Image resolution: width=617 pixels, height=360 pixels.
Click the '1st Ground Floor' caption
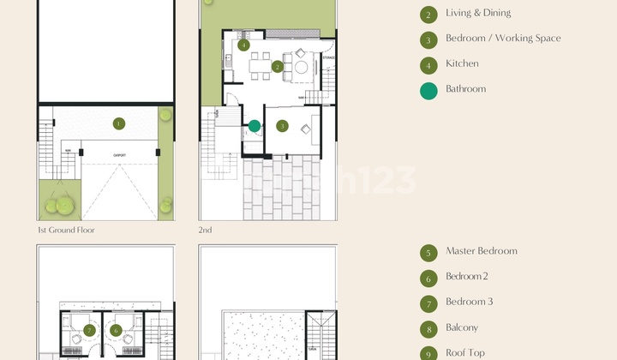click(x=66, y=230)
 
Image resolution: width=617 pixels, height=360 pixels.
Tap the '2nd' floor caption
click(x=206, y=230)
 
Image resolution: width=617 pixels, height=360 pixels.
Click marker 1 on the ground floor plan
click(x=118, y=123)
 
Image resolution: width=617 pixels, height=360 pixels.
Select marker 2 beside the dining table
click(x=278, y=66)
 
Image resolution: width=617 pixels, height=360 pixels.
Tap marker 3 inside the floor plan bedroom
click(x=283, y=126)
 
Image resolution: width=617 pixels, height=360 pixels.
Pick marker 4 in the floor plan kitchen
click(x=244, y=45)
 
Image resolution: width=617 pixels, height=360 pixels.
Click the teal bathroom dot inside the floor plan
click(x=255, y=126)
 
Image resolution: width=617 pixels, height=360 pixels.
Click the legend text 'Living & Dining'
click(x=478, y=13)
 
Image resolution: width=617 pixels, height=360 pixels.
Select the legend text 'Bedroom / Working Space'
click(x=503, y=39)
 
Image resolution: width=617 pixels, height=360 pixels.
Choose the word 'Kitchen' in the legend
click(x=462, y=63)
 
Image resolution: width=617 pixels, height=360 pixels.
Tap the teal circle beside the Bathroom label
click(x=428, y=90)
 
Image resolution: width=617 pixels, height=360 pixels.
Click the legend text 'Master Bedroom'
click(x=481, y=251)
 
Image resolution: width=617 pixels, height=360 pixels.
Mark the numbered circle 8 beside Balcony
click(x=428, y=328)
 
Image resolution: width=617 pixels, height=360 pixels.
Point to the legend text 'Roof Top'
click(x=464, y=352)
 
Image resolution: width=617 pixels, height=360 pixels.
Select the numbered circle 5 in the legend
click(x=428, y=252)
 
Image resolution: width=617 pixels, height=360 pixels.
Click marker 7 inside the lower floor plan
click(x=89, y=331)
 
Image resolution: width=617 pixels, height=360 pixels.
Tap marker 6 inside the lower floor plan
click(x=116, y=331)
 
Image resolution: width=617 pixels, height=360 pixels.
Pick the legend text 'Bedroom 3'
click(x=469, y=302)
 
